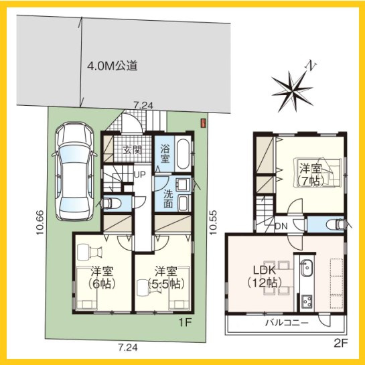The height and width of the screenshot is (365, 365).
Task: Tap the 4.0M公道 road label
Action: [x=113, y=66]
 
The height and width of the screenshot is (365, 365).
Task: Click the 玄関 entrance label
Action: [x=132, y=151]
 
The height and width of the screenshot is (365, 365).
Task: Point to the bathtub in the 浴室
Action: [x=183, y=154]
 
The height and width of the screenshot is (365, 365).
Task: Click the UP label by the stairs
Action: [x=140, y=174]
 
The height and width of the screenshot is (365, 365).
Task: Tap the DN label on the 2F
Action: [x=281, y=226]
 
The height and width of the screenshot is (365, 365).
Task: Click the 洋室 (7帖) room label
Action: [x=311, y=175]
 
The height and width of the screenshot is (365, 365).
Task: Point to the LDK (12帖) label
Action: [x=265, y=277]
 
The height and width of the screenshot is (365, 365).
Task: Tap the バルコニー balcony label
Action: [x=287, y=323]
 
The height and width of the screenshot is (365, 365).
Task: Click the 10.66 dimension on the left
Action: [x=40, y=222]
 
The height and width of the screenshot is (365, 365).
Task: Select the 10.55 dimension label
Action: [x=213, y=222]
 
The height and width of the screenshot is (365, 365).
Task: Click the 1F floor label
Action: [x=185, y=323]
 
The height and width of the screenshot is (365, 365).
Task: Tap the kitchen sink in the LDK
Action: [x=307, y=270]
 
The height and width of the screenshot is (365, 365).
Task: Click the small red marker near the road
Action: [x=203, y=123]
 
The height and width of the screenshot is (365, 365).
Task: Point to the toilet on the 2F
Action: [x=336, y=225]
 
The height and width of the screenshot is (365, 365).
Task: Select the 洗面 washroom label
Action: [x=168, y=200]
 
